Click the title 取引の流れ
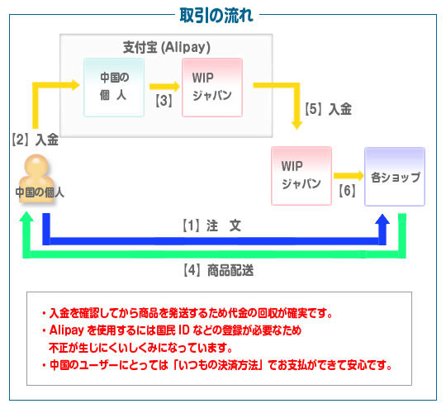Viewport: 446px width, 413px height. pyautogui.click(x=216, y=16)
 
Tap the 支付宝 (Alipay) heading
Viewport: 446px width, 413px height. pyautogui.click(x=167, y=47)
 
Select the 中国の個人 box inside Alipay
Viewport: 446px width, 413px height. pyautogui.click(x=114, y=88)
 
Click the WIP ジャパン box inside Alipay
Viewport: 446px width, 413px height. pyautogui.click(x=212, y=88)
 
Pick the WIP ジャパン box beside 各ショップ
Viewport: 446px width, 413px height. pyautogui.click(x=301, y=176)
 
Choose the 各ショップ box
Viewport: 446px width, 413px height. pyautogui.click(x=395, y=176)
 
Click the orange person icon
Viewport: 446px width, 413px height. pyautogui.click(x=36, y=178)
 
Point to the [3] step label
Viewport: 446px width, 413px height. pyautogui.click(x=164, y=101)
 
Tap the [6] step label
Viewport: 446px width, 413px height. pyautogui.click(x=347, y=190)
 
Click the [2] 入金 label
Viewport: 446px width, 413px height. pyautogui.click(x=36, y=140)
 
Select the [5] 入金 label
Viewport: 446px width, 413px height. pyautogui.click(x=328, y=109)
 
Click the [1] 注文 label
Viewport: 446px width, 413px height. pyautogui.click(x=211, y=225)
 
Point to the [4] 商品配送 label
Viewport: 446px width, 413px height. pyautogui.click(x=218, y=270)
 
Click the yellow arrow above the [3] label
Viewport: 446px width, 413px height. pyautogui.click(x=164, y=87)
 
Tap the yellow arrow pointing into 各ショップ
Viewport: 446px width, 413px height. pyautogui.click(x=349, y=176)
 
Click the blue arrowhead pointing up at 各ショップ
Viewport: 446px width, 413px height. pyautogui.click(x=382, y=220)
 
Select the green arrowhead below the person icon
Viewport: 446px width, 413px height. pyautogui.click(x=26, y=216)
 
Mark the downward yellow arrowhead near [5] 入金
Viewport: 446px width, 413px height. pyautogui.click(x=297, y=125)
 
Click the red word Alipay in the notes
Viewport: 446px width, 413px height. pyautogui.click(x=67, y=330)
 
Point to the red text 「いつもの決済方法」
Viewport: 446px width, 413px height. pyautogui.click(x=217, y=365)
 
